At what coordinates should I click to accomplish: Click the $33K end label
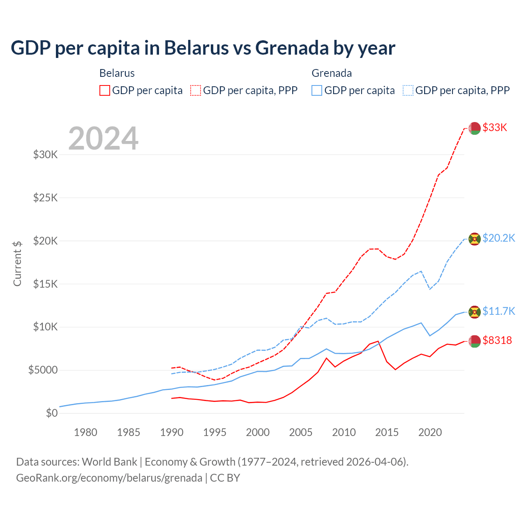click(495, 127)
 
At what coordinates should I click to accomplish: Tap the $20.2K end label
click(498, 238)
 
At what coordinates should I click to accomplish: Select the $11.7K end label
click(498, 311)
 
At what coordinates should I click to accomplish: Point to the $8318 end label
click(497, 340)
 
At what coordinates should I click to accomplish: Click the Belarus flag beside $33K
click(475, 128)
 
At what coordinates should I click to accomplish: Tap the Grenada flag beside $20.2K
click(475, 239)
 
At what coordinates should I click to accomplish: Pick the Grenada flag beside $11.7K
click(475, 311)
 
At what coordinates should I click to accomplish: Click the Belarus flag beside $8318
click(475, 341)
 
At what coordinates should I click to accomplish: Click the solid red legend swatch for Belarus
click(105, 90)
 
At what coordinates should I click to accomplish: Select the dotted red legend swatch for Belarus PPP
click(196, 90)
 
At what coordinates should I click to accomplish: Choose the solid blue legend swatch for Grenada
click(317, 90)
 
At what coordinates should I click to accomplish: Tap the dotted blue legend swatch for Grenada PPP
click(408, 90)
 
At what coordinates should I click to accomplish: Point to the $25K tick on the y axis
click(46, 198)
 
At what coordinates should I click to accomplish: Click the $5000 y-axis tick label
click(43, 370)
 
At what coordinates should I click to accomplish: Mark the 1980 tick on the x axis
click(85, 432)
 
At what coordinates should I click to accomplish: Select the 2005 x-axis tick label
click(301, 432)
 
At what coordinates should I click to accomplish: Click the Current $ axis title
click(17, 263)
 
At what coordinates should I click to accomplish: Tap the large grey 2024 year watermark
click(103, 139)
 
